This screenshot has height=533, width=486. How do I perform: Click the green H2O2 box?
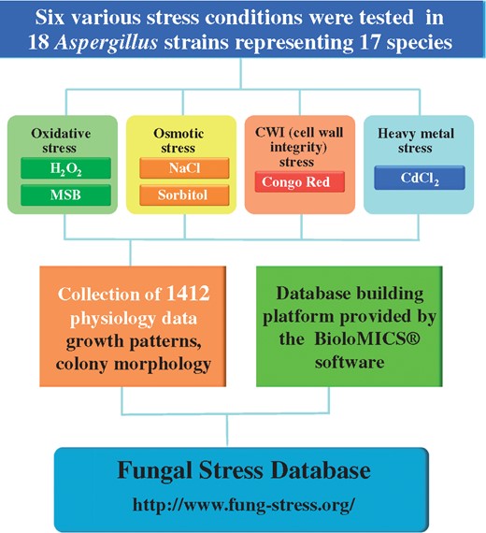point(65,168)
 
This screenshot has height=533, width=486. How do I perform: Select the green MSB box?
point(65,195)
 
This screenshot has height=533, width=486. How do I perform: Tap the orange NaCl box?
point(184,168)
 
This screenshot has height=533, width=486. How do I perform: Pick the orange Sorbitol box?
point(184,195)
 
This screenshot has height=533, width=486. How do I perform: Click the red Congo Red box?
point(299,181)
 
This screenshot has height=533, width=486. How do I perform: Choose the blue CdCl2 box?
point(420,178)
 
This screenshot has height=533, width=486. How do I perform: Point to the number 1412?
point(188,293)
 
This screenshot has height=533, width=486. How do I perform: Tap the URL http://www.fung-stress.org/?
point(244,504)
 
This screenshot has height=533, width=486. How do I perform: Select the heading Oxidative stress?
point(61,140)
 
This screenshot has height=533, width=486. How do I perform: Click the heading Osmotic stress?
point(179,140)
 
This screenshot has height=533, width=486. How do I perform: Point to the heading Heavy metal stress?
point(416,140)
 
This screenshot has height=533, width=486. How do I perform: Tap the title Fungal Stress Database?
point(244,470)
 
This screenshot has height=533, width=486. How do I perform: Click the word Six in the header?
point(50,18)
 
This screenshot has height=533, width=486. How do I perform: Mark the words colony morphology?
point(134,365)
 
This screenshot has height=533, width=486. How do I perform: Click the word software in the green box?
point(350,362)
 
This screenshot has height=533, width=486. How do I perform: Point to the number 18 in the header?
point(38,42)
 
